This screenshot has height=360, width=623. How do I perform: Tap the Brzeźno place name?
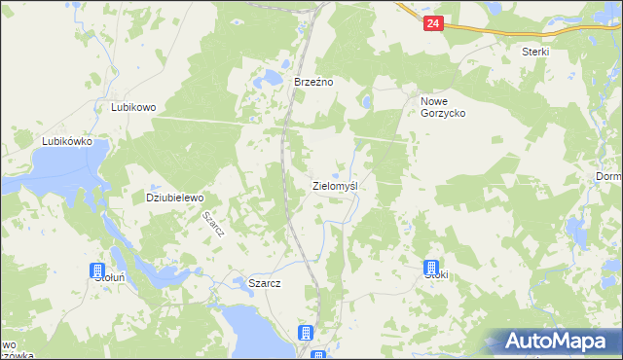(x=313, y=83)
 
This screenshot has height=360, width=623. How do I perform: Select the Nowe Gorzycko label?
(x=443, y=107)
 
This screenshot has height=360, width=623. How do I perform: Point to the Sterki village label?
(x=535, y=52)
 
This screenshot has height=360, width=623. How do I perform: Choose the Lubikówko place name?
(x=66, y=141)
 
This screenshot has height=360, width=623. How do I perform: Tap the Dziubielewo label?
(x=174, y=197)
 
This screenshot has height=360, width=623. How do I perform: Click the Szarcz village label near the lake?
(x=265, y=283)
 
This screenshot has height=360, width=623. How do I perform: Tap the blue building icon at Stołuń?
(x=97, y=270)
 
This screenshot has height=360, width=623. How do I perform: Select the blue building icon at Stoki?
(x=431, y=268)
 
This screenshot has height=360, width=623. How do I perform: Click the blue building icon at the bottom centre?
(x=306, y=333)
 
